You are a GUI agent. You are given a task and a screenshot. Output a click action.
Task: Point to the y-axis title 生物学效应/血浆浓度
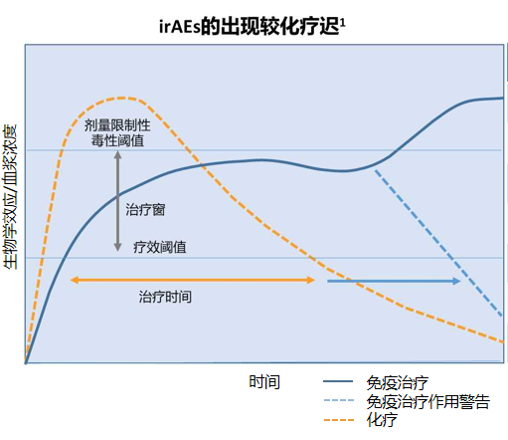pos(11,197)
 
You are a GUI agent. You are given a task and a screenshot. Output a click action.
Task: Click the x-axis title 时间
pos(263,382)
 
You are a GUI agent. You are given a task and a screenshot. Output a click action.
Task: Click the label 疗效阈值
pos(160,247)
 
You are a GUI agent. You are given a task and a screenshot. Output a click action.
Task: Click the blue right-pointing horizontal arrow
pos(394,282)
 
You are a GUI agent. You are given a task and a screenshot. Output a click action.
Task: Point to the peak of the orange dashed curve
pos(121,98)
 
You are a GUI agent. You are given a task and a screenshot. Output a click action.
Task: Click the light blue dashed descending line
pos(437,239)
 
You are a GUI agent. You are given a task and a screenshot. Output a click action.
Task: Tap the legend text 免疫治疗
pos(397,382)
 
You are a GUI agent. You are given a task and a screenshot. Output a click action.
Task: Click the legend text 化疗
pos(383,420)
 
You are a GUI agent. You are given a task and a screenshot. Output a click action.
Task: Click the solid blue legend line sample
pos(340,382)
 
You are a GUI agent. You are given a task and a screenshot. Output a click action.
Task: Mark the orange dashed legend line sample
pos(340,420)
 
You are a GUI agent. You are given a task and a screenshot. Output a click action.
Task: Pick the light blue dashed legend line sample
pos(340,401)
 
